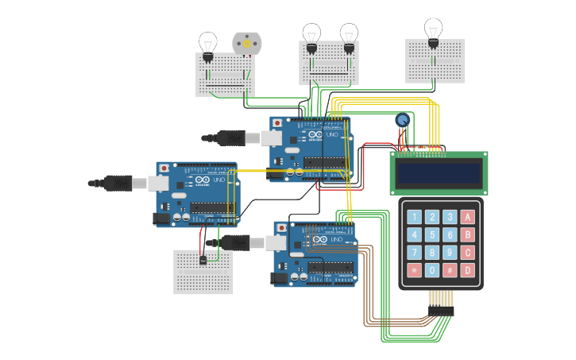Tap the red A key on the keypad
(x=468, y=217)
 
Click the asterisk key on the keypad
(x=414, y=270)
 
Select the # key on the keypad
(x=450, y=270)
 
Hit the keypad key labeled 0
(x=432, y=270)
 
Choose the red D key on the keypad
(x=468, y=270)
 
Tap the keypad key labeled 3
(x=450, y=217)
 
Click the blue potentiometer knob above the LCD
(x=403, y=120)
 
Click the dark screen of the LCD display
(x=439, y=173)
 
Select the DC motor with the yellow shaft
(x=245, y=45)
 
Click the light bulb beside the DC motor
(x=208, y=45)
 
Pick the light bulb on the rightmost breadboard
(x=433, y=31)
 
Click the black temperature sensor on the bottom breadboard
(x=203, y=259)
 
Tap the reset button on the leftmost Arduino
(x=164, y=168)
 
